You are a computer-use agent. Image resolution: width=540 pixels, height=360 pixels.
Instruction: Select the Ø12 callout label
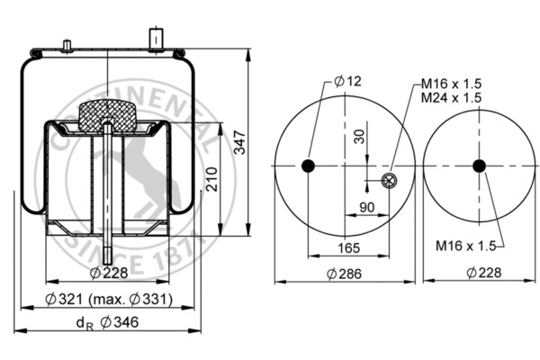(x=346, y=82)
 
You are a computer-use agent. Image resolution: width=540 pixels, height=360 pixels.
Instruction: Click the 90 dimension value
(x=367, y=208)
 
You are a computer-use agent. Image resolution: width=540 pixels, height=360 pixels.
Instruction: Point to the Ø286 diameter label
(x=345, y=273)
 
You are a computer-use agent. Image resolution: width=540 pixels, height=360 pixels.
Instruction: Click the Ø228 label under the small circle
(x=478, y=273)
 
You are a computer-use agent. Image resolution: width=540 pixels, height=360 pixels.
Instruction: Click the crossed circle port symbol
(x=389, y=182)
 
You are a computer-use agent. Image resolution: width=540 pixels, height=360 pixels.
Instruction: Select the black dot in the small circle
(x=479, y=166)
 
